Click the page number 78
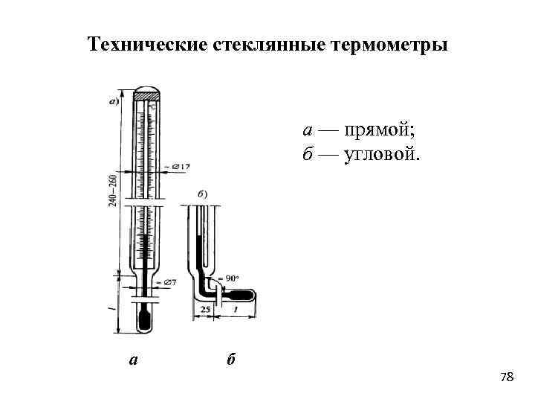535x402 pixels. (507, 377)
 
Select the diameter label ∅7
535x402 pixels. (168, 283)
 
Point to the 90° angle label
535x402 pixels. (232, 278)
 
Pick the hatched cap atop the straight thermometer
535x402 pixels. (146, 95)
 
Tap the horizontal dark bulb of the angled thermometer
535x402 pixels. (244, 295)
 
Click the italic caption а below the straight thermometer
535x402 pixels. (133, 360)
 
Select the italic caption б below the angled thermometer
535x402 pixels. (230, 360)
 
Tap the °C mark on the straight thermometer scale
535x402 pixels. (152, 108)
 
